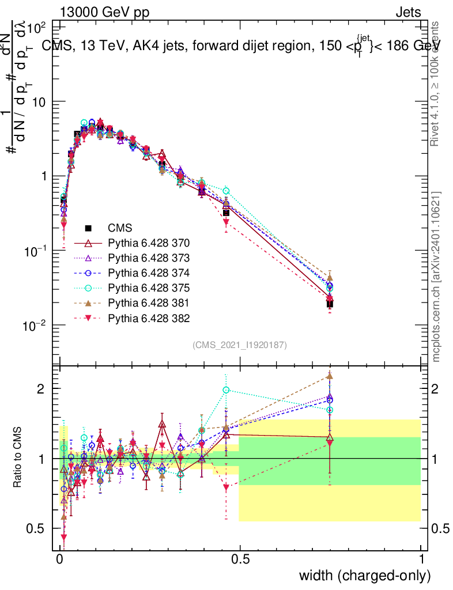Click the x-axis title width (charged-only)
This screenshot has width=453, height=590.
(x=365, y=575)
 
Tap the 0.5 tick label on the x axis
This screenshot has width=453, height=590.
(x=240, y=559)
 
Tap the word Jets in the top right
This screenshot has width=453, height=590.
(x=407, y=13)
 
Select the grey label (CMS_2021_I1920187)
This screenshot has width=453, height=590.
(x=240, y=345)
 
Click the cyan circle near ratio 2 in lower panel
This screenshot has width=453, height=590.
(x=226, y=390)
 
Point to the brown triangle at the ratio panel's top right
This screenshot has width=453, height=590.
(x=330, y=376)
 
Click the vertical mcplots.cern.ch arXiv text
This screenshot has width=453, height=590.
(x=436, y=277)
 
